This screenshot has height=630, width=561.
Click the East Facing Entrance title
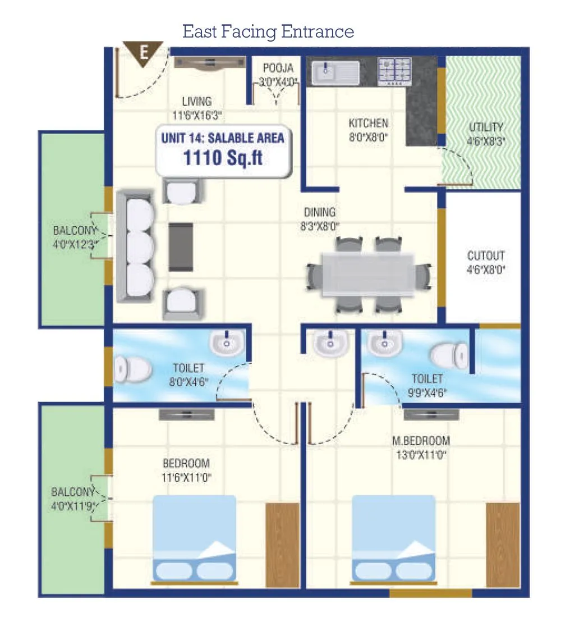(x=268, y=31)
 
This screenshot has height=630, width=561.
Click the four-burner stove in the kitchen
(x=394, y=71)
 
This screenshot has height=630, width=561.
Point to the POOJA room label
(x=278, y=69)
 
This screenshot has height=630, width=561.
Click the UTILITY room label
(x=486, y=127)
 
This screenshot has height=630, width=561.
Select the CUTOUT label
(x=486, y=256)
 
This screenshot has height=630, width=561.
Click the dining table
(x=367, y=275)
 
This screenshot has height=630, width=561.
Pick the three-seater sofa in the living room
(x=135, y=246)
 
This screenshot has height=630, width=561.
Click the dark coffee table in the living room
(x=181, y=241)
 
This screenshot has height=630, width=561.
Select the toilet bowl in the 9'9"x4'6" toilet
(x=449, y=355)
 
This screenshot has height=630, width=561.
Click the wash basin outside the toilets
(x=330, y=343)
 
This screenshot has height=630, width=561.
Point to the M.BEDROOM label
(x=421, y=441)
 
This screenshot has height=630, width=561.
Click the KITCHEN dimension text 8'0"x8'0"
(x=368, y=136)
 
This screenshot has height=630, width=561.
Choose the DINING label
(x=319, y=213)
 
